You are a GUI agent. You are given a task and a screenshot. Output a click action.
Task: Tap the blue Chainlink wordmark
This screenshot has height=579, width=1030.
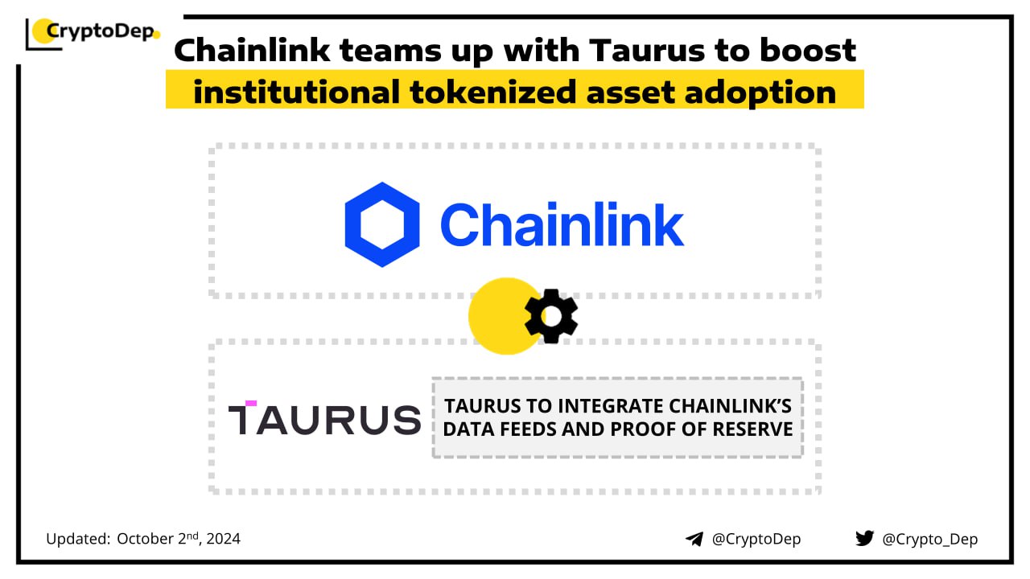(562, 224)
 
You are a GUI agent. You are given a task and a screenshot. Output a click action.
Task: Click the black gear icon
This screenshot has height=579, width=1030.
(551, 316)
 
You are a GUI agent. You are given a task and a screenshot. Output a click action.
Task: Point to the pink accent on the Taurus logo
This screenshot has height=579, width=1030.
(251, 404)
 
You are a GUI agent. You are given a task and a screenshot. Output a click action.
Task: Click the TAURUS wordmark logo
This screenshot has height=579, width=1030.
(324, 418)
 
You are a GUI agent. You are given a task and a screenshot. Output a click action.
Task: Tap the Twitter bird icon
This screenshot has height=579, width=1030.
(864, 538)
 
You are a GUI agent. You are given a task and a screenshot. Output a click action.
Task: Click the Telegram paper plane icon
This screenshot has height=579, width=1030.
(694, 539)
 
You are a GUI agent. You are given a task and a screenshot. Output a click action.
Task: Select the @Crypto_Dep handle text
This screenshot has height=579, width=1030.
(929, 539)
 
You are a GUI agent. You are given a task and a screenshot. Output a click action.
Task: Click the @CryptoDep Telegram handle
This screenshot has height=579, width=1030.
(756, 539)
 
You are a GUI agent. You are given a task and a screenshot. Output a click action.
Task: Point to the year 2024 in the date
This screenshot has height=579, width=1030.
(224, 539)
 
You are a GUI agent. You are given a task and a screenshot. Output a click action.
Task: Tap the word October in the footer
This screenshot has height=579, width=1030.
(146, 539)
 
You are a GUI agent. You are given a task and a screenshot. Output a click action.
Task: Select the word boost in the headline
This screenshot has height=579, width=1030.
(807, 50)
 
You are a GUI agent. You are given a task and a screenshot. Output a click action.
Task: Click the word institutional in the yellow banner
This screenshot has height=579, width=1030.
(297, 92)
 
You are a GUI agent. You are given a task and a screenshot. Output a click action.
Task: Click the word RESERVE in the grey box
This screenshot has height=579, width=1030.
(752, 429)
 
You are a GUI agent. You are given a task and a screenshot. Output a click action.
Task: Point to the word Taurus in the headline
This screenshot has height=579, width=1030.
(647, 50)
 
